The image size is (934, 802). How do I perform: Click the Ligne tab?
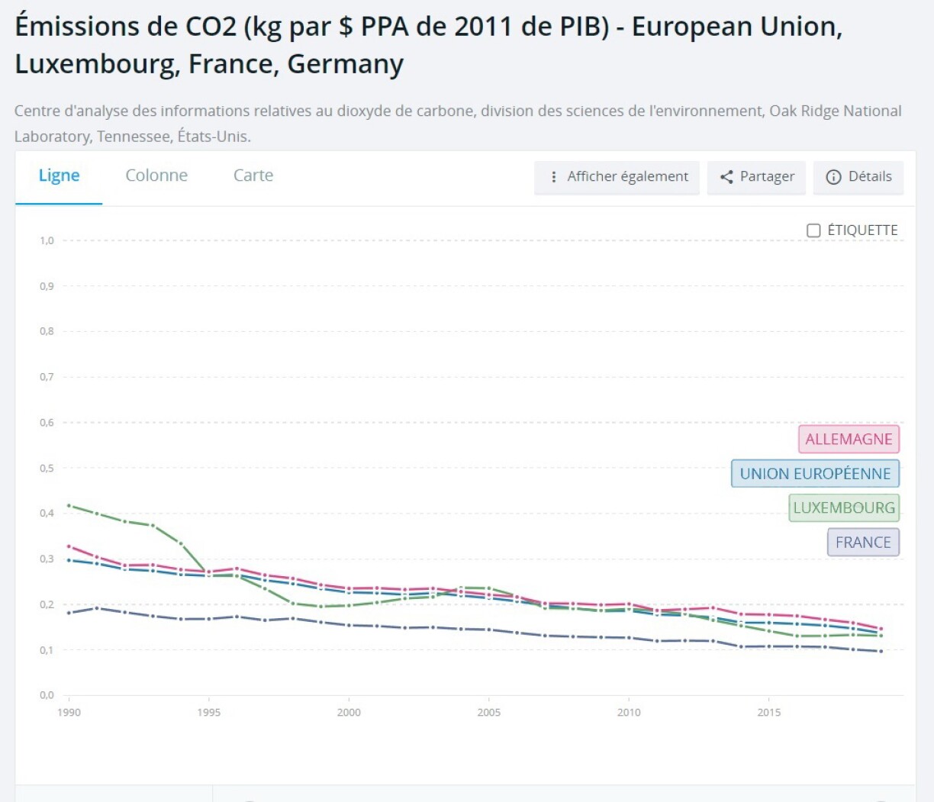[x=59, y=176]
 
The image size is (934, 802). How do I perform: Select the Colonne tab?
[x=156, y=176]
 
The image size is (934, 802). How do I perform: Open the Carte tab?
[x=253, y=176]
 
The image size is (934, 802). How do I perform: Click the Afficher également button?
[x=617, y=177]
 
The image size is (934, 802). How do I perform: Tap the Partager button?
[x=756, y=177]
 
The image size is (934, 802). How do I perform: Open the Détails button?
[x=858, y=177]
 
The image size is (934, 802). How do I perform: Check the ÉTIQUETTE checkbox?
[x=814, y=230]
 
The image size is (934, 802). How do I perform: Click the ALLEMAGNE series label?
[x=849, y=440]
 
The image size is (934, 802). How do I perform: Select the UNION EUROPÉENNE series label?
[x=815, y=474]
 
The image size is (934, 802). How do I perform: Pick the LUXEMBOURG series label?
[x=843, y=508]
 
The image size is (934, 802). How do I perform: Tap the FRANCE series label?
[x=863, y=543]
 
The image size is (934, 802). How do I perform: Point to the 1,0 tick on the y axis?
[x=47, y=240]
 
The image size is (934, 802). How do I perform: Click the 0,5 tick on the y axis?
[x=47, y=468]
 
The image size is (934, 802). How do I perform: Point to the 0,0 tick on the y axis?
[x=47, y=695]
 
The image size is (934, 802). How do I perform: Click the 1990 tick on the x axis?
[x=69, y=713]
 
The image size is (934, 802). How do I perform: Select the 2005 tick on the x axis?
[x=489, y=713]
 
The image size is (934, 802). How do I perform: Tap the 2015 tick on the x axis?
[x=769, y=713]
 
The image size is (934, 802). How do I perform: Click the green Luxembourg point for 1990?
[x=69, y=505]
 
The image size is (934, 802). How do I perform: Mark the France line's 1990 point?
[x=69, y=613]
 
